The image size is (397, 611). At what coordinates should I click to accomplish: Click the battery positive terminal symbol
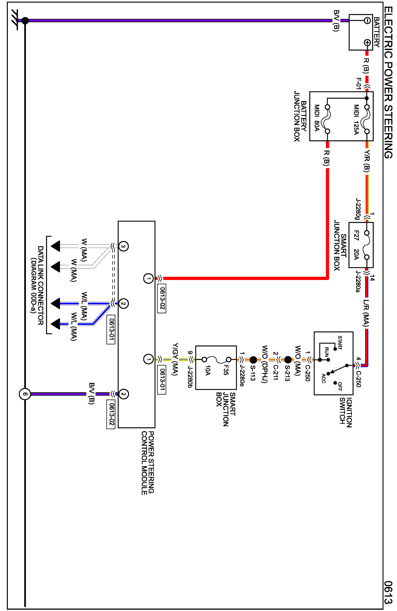pos(367,43)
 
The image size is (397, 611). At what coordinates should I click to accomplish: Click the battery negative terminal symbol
pos(367,21)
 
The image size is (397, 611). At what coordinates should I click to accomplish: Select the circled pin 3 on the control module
pos(123,246)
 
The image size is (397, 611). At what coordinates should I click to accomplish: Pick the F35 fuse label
pos(226,370)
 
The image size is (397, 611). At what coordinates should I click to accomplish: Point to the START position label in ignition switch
pos(339,343)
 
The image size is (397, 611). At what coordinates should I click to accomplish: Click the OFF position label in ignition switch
pos(339,387)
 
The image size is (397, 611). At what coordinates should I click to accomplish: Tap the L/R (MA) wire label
pos(366,313)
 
